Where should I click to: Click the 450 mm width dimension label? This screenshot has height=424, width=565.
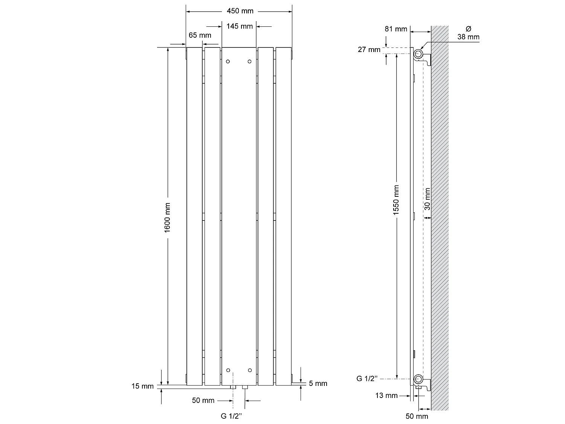tap(240, 11)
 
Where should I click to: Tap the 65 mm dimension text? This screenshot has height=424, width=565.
tap(200, 35)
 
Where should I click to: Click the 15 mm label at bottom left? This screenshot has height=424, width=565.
tap(142, 386)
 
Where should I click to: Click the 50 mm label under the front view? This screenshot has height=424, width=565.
tap(203, 400)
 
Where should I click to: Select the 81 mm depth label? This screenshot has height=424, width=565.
tap(396, 29)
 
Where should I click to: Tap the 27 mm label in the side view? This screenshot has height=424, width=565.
tap(370, 49)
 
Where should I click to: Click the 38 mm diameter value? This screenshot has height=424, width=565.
tap(469, 37)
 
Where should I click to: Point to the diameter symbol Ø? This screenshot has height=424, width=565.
tap(468, 29)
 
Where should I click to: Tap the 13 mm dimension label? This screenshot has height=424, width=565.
tap(386, 395)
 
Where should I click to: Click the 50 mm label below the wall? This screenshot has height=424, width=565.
tap(417, 416)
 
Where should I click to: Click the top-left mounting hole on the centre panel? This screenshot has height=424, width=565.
tap(228, 61)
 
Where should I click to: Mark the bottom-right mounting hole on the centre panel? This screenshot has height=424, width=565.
tap(250, 370)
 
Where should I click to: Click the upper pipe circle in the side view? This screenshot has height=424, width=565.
tap(418, 54)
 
